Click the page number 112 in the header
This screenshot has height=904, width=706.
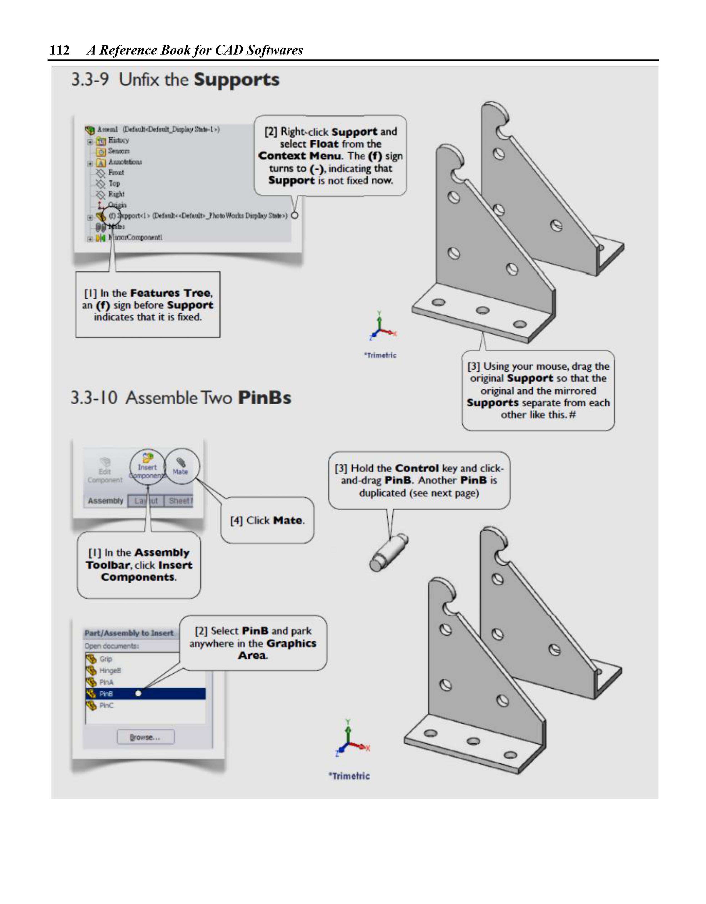coord(59,50)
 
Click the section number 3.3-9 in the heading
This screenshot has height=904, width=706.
coord(90,80)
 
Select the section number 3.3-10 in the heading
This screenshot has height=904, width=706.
coord(94,398)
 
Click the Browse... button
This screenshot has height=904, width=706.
coord(146,737)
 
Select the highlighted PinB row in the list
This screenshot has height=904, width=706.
coord(145,694)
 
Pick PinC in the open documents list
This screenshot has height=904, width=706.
coord(106,705)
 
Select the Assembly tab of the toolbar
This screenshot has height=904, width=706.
coord(105,501)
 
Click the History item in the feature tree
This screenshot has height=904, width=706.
coord(118,140)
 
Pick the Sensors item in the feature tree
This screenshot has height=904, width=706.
coord(119,151)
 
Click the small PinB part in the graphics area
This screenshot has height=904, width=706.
coord(388,553)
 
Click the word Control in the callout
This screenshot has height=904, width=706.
coord(417,468)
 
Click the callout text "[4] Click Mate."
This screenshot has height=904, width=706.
coord(267,520)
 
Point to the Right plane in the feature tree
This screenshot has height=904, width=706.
coord(116,194)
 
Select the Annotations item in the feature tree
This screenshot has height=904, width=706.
coord(125,162)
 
